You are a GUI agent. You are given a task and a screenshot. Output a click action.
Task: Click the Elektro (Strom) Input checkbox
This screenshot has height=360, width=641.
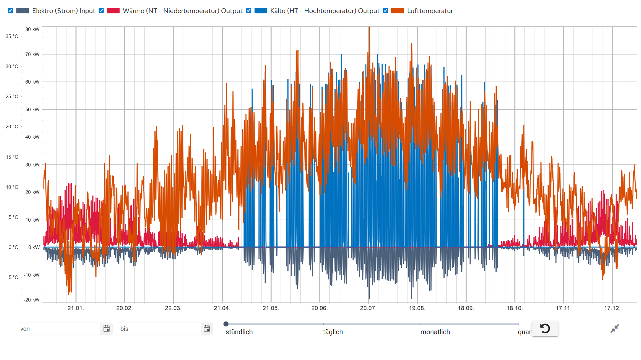tap(11, 11)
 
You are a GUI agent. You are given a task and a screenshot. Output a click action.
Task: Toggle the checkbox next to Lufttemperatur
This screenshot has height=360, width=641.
tap(385, 11)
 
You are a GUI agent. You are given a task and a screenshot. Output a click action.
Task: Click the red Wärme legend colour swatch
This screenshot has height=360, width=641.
tap(113, 11)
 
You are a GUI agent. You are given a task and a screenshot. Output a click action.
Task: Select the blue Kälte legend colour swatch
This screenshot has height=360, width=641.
tap(261, 11)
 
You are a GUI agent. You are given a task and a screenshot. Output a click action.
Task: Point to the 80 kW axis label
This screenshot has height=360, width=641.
tap(32, 29)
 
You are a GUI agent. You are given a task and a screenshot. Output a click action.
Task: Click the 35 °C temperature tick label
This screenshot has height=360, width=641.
tap(12, 36)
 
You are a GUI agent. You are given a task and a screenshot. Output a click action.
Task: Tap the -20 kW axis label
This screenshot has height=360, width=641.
tap(32, 300)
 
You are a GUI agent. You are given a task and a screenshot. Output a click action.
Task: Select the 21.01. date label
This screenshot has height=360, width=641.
tap(76, 308)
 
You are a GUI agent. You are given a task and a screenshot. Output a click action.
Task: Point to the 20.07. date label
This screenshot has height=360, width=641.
tap(368, 308)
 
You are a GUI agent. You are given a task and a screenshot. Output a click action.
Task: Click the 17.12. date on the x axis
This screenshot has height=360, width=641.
tap(612, 308)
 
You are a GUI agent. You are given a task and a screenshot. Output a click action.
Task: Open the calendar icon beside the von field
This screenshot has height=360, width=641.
tap(107, 329)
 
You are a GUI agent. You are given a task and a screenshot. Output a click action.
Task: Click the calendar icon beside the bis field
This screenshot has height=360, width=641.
tap(207, 329)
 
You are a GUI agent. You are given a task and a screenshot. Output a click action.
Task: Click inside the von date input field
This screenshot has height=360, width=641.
tap(59, 329)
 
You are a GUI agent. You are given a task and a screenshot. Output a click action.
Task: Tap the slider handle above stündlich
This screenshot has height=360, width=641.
tap(226, 324)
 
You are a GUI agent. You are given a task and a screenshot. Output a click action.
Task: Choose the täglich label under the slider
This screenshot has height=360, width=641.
tap(333, 332)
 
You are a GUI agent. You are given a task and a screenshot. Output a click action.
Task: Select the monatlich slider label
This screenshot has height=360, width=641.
tap(435, 332)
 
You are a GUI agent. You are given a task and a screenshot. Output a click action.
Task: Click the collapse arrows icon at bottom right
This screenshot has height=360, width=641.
tap(614, 329)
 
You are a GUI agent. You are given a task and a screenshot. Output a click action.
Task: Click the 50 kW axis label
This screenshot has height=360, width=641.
tap(32, 110)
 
